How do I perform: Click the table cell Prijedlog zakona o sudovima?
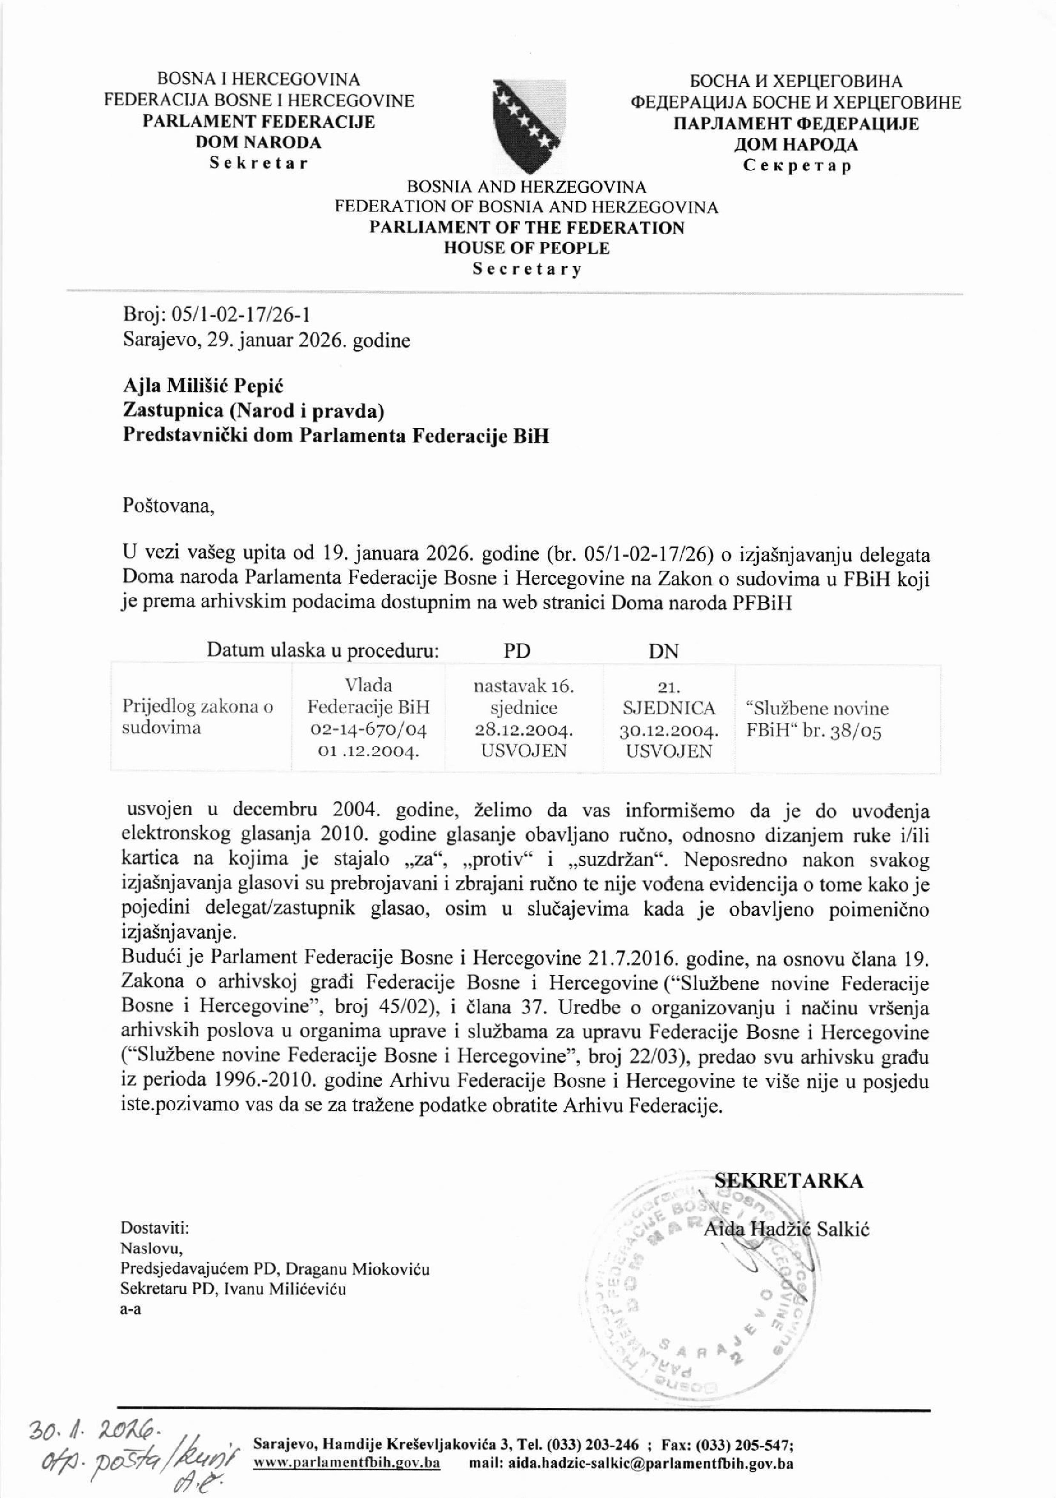[197, 718]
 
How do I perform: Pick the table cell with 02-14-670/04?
[369, 729]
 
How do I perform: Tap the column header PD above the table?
[517, 650]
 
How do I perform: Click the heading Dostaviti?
[155, 1227]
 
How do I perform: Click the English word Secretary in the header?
[527, 269]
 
